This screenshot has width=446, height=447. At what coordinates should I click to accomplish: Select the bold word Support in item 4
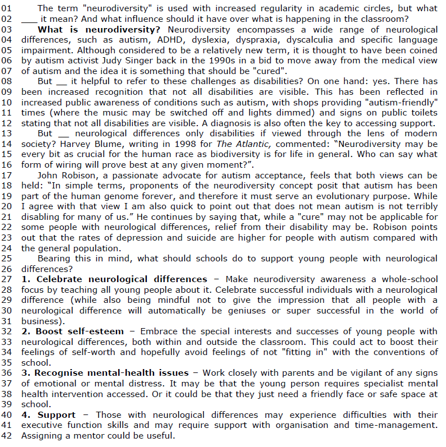point(56,414)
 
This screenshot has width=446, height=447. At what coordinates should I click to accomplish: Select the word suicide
point(197,237)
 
